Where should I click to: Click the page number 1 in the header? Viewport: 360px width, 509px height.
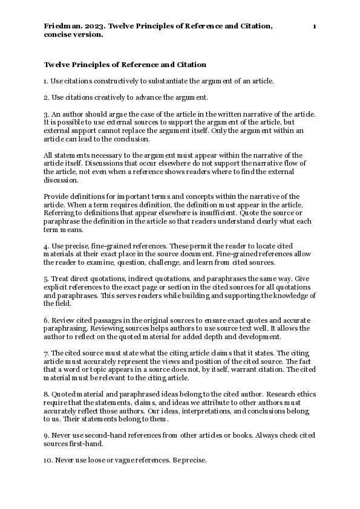click(315, 27)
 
